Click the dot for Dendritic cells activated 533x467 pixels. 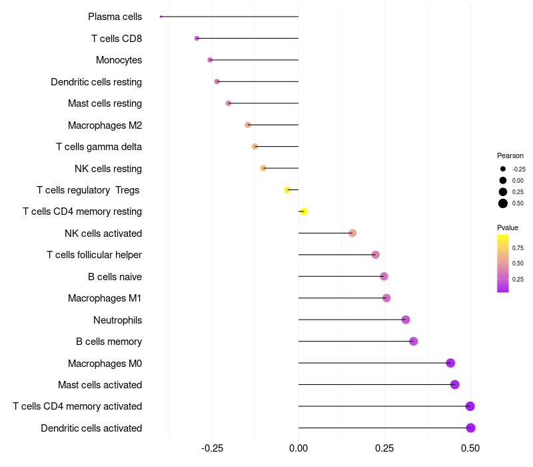(471, 428)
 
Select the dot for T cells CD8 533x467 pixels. (197, 38)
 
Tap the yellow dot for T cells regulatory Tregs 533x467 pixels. (288, 189)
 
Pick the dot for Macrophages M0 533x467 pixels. (450, 363)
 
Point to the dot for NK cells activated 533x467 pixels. (352, 233)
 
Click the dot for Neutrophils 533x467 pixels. (406, 320)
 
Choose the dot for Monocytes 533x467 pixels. (210, 60)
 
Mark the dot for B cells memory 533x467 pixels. (413, 341)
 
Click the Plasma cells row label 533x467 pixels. (115, 17)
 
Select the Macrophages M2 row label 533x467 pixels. (105, 125)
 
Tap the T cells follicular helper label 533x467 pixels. (94, 255)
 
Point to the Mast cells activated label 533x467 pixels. (100, 384)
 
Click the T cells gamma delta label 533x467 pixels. (99, 147)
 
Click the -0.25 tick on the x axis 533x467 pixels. (213, 448)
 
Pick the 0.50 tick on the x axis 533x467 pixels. (470, 448)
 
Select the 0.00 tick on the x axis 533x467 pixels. (298, 448)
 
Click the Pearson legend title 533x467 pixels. (510, 155)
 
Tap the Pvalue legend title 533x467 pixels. (508, 227)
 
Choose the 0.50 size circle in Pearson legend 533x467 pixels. (503, 203)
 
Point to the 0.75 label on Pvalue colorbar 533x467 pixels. (518, 248)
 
